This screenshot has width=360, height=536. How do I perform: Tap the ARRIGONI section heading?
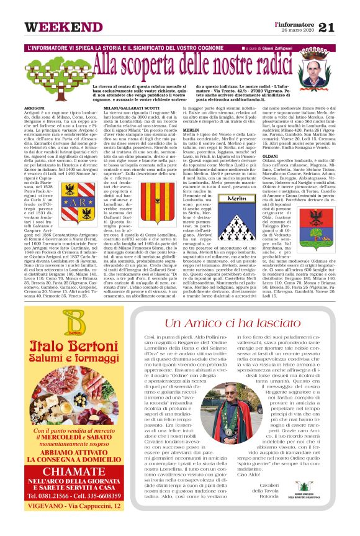point(35,107)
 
